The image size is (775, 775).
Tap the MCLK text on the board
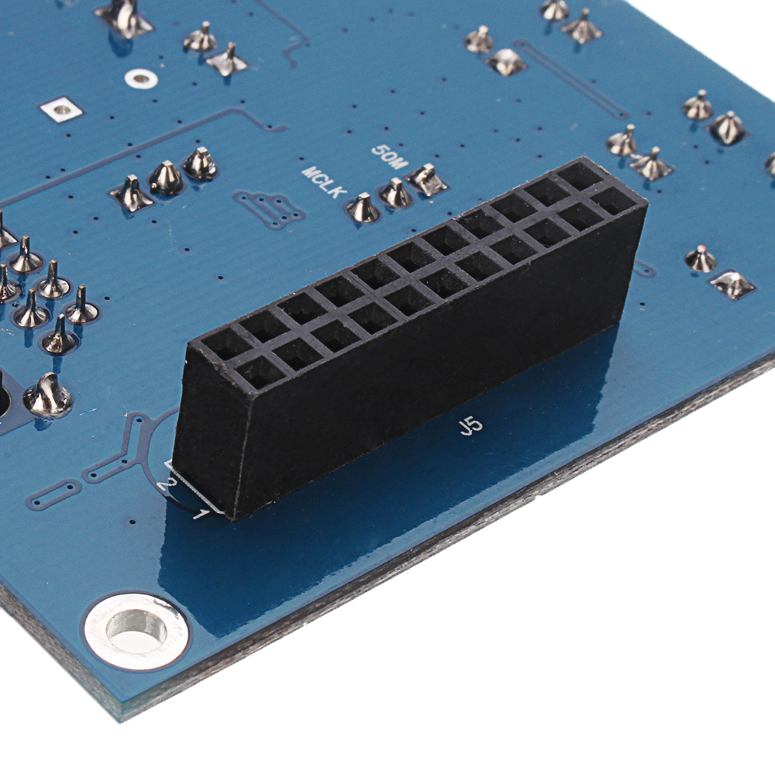[x=321, y=181]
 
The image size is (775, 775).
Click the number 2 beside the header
[x=164, y=486]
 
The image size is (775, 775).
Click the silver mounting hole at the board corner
[x=136, y=626]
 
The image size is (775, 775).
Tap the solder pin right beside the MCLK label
[x=363, y=208]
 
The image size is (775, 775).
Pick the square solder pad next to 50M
[x=426, y=180]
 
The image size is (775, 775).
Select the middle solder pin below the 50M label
[x=396, y=193]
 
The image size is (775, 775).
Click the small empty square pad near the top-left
[x=62, y=111]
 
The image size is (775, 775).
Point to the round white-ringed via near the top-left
[x=140, y=77]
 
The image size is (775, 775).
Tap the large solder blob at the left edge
[x=48, y=397]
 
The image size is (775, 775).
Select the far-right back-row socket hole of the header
[x=577, y=176]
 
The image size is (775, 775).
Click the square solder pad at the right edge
[x=732, y=284]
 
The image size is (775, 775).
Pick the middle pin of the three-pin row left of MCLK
[x=166, y=179]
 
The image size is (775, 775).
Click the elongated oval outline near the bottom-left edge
[x=52, y=494]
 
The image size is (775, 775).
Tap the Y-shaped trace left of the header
[x=124, y=449]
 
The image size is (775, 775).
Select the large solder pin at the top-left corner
[x=124, y=17]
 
